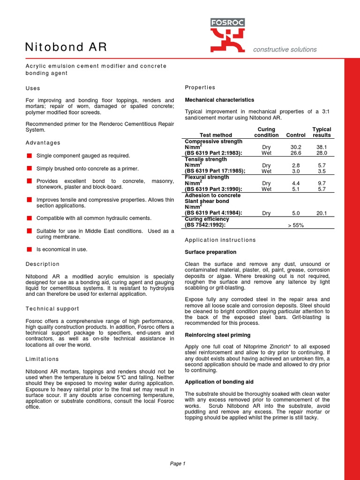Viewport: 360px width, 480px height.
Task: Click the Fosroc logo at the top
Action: point(227,35)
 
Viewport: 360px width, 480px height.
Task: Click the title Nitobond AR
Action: point(66,47)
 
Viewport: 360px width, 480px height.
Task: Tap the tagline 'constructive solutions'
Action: point(285,50)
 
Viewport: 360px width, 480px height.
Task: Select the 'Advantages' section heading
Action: point(43,142)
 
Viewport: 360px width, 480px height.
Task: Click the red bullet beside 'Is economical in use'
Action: point(29,249)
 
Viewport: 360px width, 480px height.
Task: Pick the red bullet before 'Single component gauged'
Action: point(29,156)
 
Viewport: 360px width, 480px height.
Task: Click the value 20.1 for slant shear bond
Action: point(322,213)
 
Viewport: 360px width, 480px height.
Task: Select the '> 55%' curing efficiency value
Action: point(295,225)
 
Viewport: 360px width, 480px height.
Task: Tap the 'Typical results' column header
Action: point(322,132)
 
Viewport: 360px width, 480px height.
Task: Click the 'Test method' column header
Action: point(216,135)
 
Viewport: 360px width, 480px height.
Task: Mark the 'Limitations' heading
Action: point(42,359)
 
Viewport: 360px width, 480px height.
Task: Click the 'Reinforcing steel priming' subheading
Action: point(217,335)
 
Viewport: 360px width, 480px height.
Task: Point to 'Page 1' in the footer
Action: point(178,464)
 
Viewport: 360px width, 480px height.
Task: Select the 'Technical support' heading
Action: point(52,309)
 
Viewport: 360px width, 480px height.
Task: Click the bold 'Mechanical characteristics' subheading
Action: point(219,100)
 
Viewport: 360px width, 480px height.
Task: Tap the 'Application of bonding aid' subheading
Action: point(219,382)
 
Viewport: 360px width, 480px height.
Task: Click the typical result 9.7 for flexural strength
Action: point(322,183)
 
